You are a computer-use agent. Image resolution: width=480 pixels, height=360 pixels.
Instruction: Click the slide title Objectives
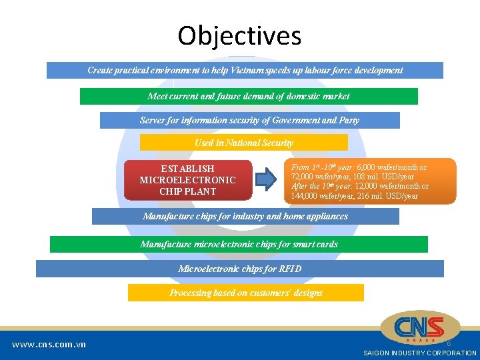tap(239, 35)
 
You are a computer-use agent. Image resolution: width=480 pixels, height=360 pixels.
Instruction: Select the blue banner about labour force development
tap(245, 70)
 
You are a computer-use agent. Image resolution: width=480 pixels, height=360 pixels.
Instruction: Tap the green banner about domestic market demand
tap(249, 96)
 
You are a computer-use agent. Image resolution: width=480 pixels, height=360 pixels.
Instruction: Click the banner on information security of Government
tap(249, 120)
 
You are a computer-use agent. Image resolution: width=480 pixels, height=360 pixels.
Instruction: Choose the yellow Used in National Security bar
tap(243, 143)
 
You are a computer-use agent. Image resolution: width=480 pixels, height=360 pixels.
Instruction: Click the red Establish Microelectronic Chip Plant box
tap(187, 180)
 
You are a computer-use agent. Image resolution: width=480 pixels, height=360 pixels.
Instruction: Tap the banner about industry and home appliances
tap(245, 216)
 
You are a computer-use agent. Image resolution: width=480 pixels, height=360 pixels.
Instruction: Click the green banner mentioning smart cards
tap(239, 244)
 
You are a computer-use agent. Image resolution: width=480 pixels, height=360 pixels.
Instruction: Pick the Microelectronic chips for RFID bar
tap(239, 269)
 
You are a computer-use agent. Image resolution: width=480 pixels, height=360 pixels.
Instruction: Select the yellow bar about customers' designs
tap(245, 293)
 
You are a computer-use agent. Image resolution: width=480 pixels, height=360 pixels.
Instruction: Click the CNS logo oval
tap(419, 327)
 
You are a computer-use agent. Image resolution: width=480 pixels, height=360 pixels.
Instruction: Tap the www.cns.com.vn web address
tap(49, 345)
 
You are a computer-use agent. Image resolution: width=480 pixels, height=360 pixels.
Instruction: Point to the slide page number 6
tap(449, 343)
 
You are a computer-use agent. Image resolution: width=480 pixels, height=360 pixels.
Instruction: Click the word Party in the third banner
tap(346, 120)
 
